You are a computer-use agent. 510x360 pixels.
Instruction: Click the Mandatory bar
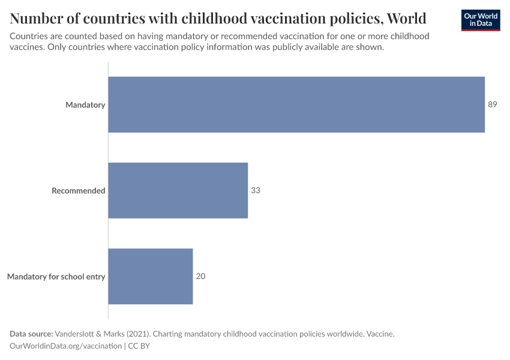296,104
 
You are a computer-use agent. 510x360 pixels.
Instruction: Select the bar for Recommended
178,190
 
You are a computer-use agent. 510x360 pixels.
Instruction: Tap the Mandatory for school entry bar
150,276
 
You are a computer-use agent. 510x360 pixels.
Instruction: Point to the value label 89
493,104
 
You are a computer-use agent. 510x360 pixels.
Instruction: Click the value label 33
256,190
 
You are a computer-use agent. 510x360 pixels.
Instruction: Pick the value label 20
200,277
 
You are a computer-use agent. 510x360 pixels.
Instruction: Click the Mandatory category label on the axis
85,105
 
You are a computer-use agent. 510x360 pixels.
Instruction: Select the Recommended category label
78,191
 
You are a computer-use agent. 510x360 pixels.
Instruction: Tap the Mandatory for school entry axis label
56,277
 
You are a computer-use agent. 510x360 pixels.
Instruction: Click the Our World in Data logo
480,19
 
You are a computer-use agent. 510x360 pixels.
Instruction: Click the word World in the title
407,17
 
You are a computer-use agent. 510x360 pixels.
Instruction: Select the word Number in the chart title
34,17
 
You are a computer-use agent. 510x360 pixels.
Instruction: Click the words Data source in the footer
31,334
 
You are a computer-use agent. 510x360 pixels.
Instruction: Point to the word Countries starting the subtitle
29,36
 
